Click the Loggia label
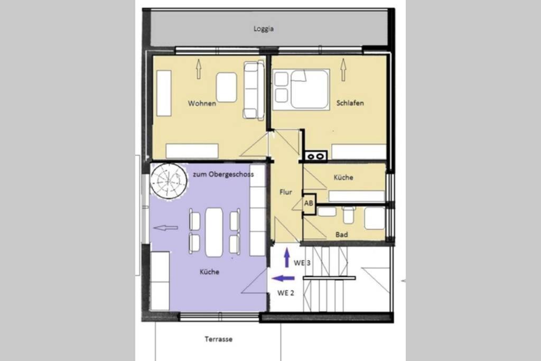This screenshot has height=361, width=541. click(264, 29)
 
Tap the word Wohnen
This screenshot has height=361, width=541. click(202, 103)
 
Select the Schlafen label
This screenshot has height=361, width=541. click(350, 103)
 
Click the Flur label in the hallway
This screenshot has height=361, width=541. click(286, 192)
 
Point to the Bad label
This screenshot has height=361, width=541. click(342, 235)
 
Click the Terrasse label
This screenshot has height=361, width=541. click(218, 339)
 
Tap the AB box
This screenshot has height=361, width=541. click(309, 203)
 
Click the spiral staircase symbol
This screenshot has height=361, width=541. click(169, 181)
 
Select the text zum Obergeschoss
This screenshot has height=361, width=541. click(223, 174)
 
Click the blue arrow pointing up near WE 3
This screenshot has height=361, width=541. click(286, 258)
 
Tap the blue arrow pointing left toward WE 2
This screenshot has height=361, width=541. click(283, 278)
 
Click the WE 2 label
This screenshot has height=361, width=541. click(286, 293)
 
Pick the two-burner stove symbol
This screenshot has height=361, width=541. click(316, 156)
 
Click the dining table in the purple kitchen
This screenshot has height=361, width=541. click(214, 232)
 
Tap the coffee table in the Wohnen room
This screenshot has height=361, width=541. click(226, 87)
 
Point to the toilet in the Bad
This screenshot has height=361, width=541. click(349, 215)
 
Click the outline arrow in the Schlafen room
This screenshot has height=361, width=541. click(343, 70)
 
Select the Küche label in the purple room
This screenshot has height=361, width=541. click(209, 272)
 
